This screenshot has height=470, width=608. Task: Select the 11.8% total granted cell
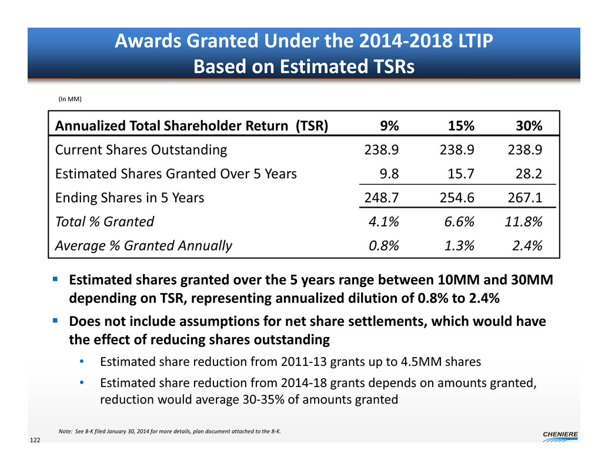tap(523, 222)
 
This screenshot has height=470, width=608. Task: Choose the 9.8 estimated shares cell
tap(390, 174)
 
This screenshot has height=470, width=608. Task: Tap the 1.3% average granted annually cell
tap(459, 245)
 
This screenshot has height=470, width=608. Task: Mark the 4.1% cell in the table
tap(386, 222)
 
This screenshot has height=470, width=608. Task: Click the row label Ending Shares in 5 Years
tap(129, 198)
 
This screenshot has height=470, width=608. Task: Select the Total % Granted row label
tap(104, 222)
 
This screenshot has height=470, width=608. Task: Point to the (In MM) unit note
tap(69, 99)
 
